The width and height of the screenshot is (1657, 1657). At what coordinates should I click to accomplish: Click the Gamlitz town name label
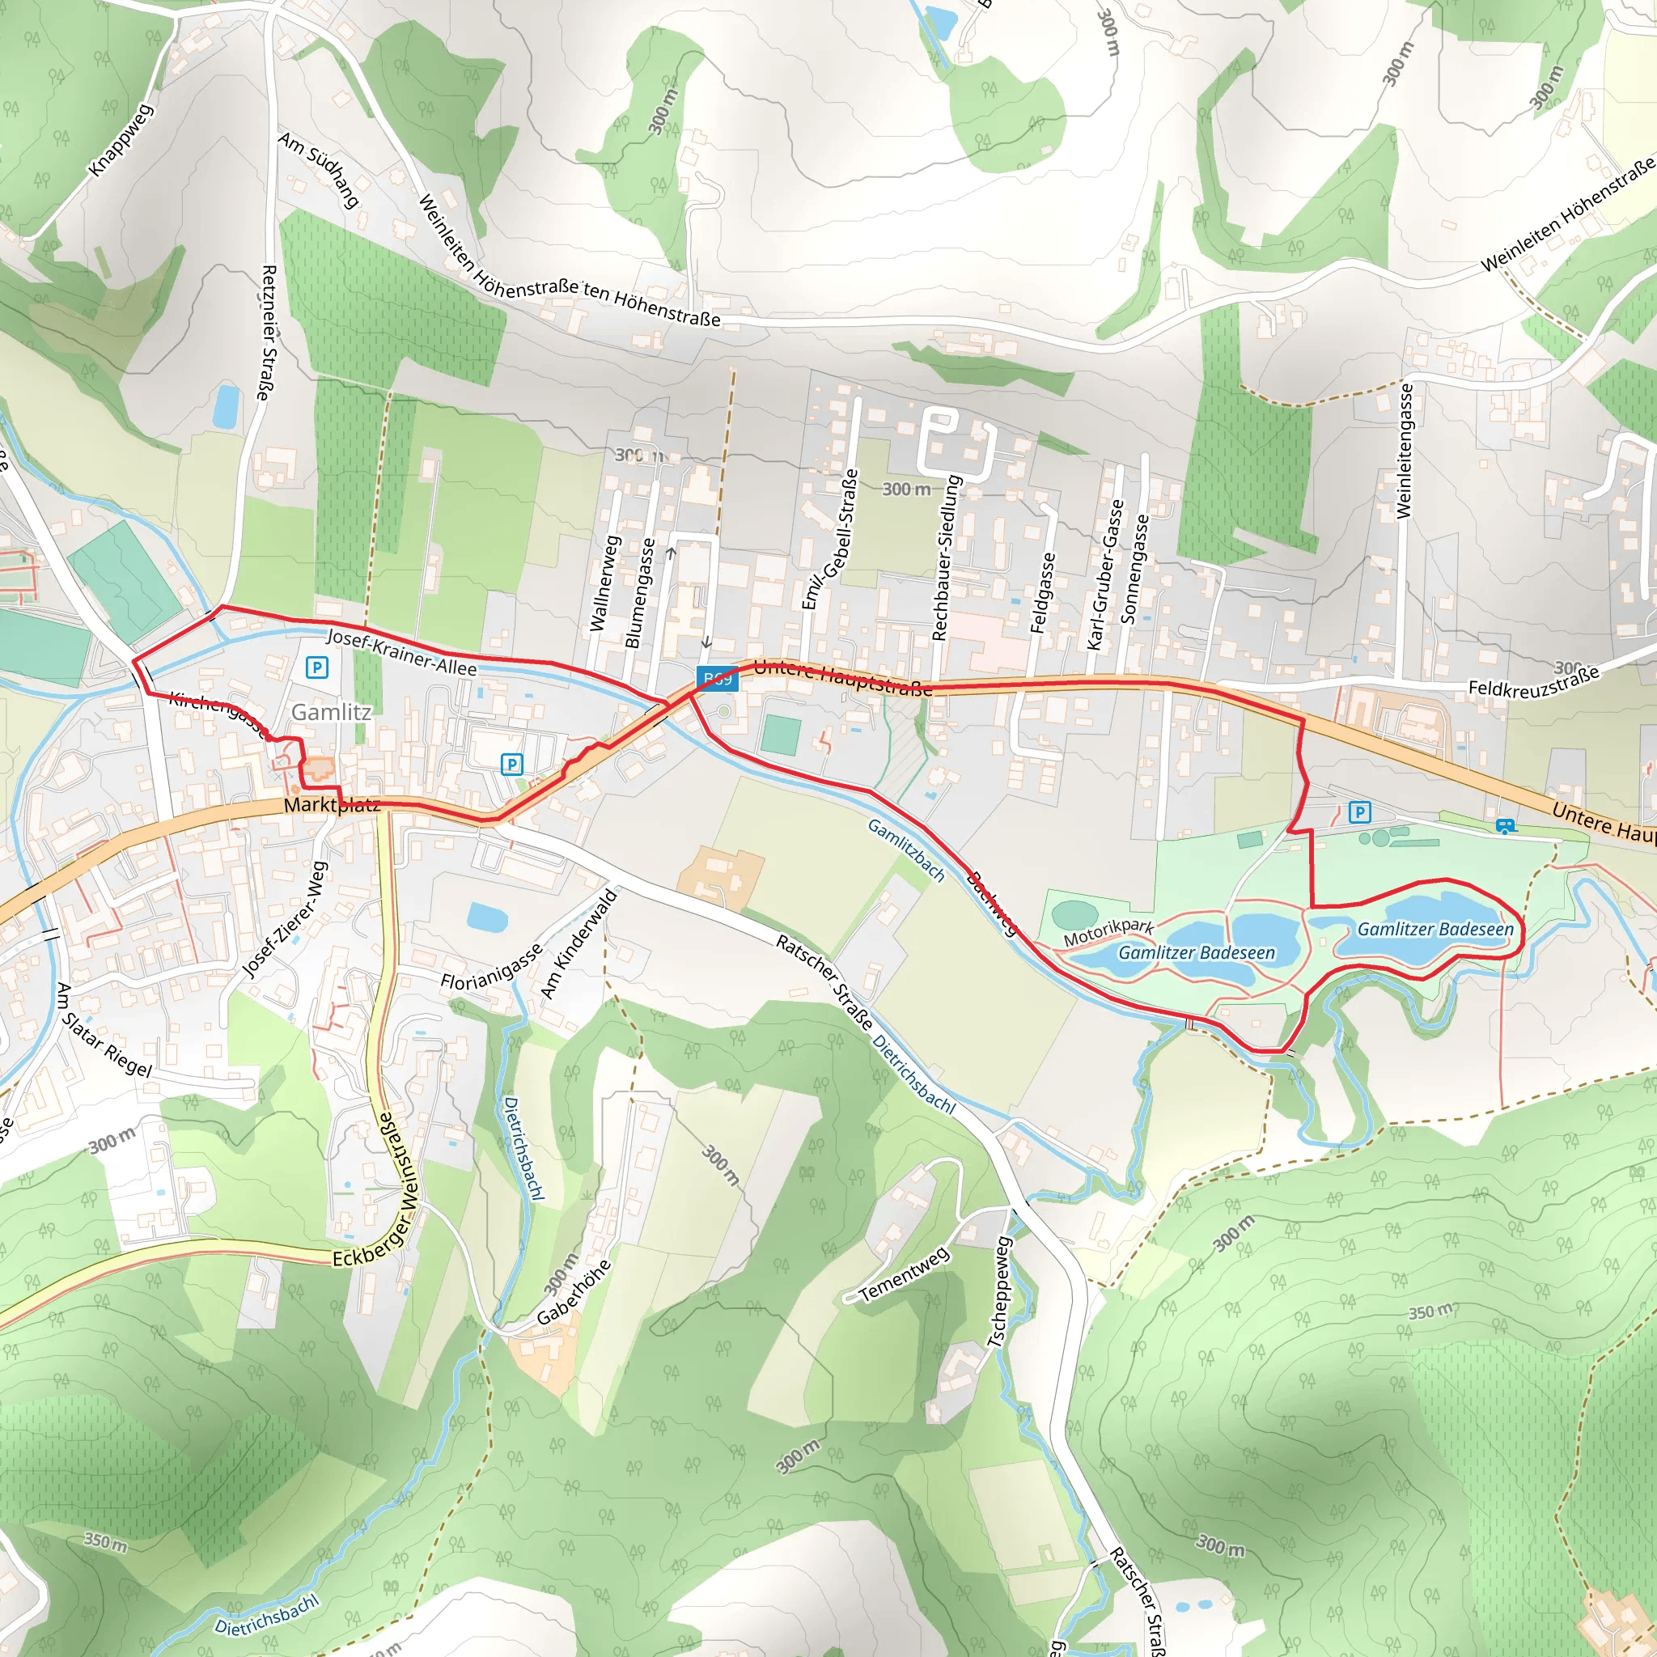pos(331,712)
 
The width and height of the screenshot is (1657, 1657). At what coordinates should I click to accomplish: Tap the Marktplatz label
pos(332,804)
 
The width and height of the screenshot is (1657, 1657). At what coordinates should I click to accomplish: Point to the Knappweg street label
pos(120,141)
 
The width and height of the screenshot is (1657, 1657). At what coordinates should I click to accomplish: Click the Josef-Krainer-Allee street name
pos(401,653)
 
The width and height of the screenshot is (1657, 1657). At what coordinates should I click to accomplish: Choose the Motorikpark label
pos(1108,933)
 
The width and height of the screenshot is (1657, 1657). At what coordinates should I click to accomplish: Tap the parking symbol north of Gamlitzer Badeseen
pos(1359,812)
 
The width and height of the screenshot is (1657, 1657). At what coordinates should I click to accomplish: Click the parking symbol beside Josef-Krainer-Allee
pos(316,667)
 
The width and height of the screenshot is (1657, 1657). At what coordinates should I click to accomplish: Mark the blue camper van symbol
pos(1504,826)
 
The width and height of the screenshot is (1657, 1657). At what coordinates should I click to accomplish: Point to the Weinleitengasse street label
pos(1404,451)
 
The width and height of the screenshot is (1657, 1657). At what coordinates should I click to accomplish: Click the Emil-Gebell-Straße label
pos(829,539)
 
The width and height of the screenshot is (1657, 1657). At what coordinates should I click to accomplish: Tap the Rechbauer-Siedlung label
pos(946,558)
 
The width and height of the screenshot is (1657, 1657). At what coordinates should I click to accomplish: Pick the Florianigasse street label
pos(491,967)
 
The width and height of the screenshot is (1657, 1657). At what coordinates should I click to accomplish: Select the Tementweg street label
pos(904,1274)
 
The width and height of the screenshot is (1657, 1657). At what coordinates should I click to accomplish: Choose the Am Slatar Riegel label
pos(103,1030)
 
